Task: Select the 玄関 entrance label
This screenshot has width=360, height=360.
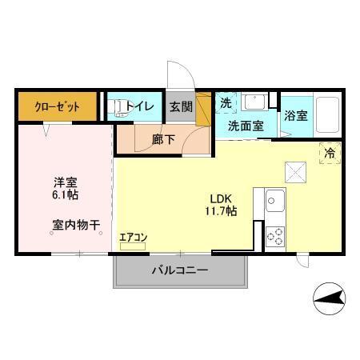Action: [x=180, y=105]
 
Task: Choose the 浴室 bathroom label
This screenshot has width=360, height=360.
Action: [x=296, y=115]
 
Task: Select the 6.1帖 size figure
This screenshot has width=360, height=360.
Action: [x=66, y=194]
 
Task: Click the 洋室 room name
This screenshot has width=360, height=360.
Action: [x=66, y=181]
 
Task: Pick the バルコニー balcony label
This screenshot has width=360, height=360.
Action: [x=180, y=270]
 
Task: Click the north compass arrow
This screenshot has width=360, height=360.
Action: [x=330, y=300]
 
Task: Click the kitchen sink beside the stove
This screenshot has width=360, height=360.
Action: [x=273, y=198]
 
